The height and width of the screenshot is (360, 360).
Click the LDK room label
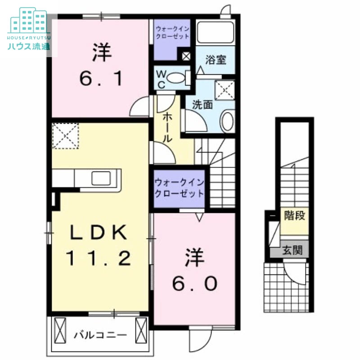point(98,232)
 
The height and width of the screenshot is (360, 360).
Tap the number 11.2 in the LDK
point(99,258)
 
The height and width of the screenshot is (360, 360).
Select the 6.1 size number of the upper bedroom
point(101,78)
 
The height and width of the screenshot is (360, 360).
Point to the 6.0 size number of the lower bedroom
point(195,283)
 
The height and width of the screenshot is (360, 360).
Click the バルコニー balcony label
point(100,335)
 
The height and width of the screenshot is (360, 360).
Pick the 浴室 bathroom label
point(216,60)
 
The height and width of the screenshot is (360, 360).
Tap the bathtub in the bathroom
point(216,32)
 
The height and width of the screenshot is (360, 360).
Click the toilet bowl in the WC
point(176,77)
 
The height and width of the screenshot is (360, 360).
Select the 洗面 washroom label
point(202,105)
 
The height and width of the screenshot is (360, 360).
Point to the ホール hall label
point(167,128)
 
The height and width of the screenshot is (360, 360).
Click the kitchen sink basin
point(101,178)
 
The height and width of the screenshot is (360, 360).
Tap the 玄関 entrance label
point(292,250)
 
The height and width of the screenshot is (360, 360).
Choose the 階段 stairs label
point(295,216)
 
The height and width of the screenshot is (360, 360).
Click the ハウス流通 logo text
point(29,46)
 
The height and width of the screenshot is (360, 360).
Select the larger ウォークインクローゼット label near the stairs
point(179,188)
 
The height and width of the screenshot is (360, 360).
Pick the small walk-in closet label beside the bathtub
point(172,32)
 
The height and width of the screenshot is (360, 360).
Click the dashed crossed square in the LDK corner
point(66,136)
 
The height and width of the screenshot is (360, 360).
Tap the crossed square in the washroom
point(225,90)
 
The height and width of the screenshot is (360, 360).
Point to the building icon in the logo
point(29,20)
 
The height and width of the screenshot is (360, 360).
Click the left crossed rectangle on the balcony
point(60,330)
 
